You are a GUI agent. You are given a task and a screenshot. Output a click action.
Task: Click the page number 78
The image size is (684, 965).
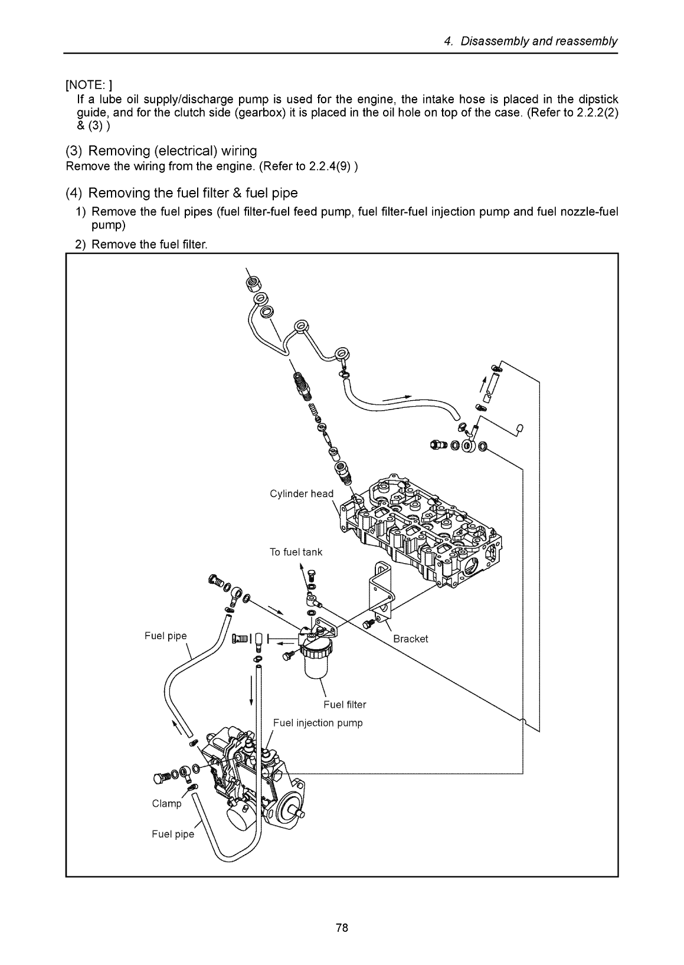(x=342, y=928)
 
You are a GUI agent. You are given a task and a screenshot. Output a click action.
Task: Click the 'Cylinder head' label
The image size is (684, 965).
(x=301, y=493)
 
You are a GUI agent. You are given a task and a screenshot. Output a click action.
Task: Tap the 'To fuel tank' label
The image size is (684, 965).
(x=296, y=552)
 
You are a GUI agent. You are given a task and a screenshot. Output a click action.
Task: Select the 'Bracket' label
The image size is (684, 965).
(x=410, y=639)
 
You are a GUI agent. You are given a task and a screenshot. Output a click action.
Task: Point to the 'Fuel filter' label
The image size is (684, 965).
(x=345, y=704)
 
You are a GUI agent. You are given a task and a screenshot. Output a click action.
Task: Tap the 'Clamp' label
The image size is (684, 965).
(x=167, y=803)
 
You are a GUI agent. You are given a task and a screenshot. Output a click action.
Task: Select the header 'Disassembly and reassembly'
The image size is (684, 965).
(x=538, y=41)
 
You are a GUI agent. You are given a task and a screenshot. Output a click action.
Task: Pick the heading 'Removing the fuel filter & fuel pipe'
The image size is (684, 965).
(x=182, y=193)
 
